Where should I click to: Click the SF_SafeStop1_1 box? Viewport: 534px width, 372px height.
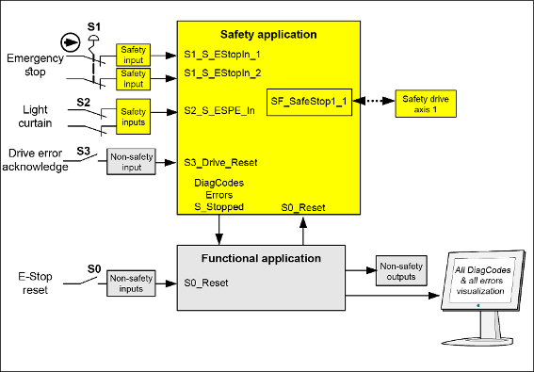[x=309, y=103]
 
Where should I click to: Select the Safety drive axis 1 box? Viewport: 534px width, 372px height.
[x=426, y=104]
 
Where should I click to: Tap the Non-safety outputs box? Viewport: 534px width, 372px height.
[x=401, y=271]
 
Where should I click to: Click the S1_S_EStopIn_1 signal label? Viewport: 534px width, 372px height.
[x=222, y=55]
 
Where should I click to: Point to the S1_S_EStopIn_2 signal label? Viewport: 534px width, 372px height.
[x=222, y=73]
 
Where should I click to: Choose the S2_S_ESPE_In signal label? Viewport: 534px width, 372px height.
[x=219, y=110]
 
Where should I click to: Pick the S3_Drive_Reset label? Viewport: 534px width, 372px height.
[x=220, y=163]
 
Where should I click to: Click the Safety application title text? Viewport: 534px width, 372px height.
[x=268, y=35]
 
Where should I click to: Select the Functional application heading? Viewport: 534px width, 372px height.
[x=261, y=258]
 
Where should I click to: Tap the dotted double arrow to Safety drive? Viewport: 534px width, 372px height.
[x=374, y=101]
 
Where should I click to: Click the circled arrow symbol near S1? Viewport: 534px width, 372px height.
[x=71, y=42]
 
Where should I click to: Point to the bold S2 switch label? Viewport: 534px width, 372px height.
[x=83, y=103]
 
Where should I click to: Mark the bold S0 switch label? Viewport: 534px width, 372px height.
[x=94, y=269]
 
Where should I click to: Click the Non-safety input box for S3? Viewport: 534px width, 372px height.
[x=131, y=161]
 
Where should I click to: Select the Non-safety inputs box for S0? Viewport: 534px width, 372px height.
[x=131, y=283]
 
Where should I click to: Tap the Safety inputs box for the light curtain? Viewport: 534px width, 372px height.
[x=133, y=117]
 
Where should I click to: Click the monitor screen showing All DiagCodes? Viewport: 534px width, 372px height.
[x=481, y=280]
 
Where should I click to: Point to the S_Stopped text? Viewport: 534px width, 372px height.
[x=219, y=207]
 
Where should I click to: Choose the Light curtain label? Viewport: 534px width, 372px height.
[x=35, y=116]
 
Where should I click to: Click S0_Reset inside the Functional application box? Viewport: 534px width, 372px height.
[x=206, y=283]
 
